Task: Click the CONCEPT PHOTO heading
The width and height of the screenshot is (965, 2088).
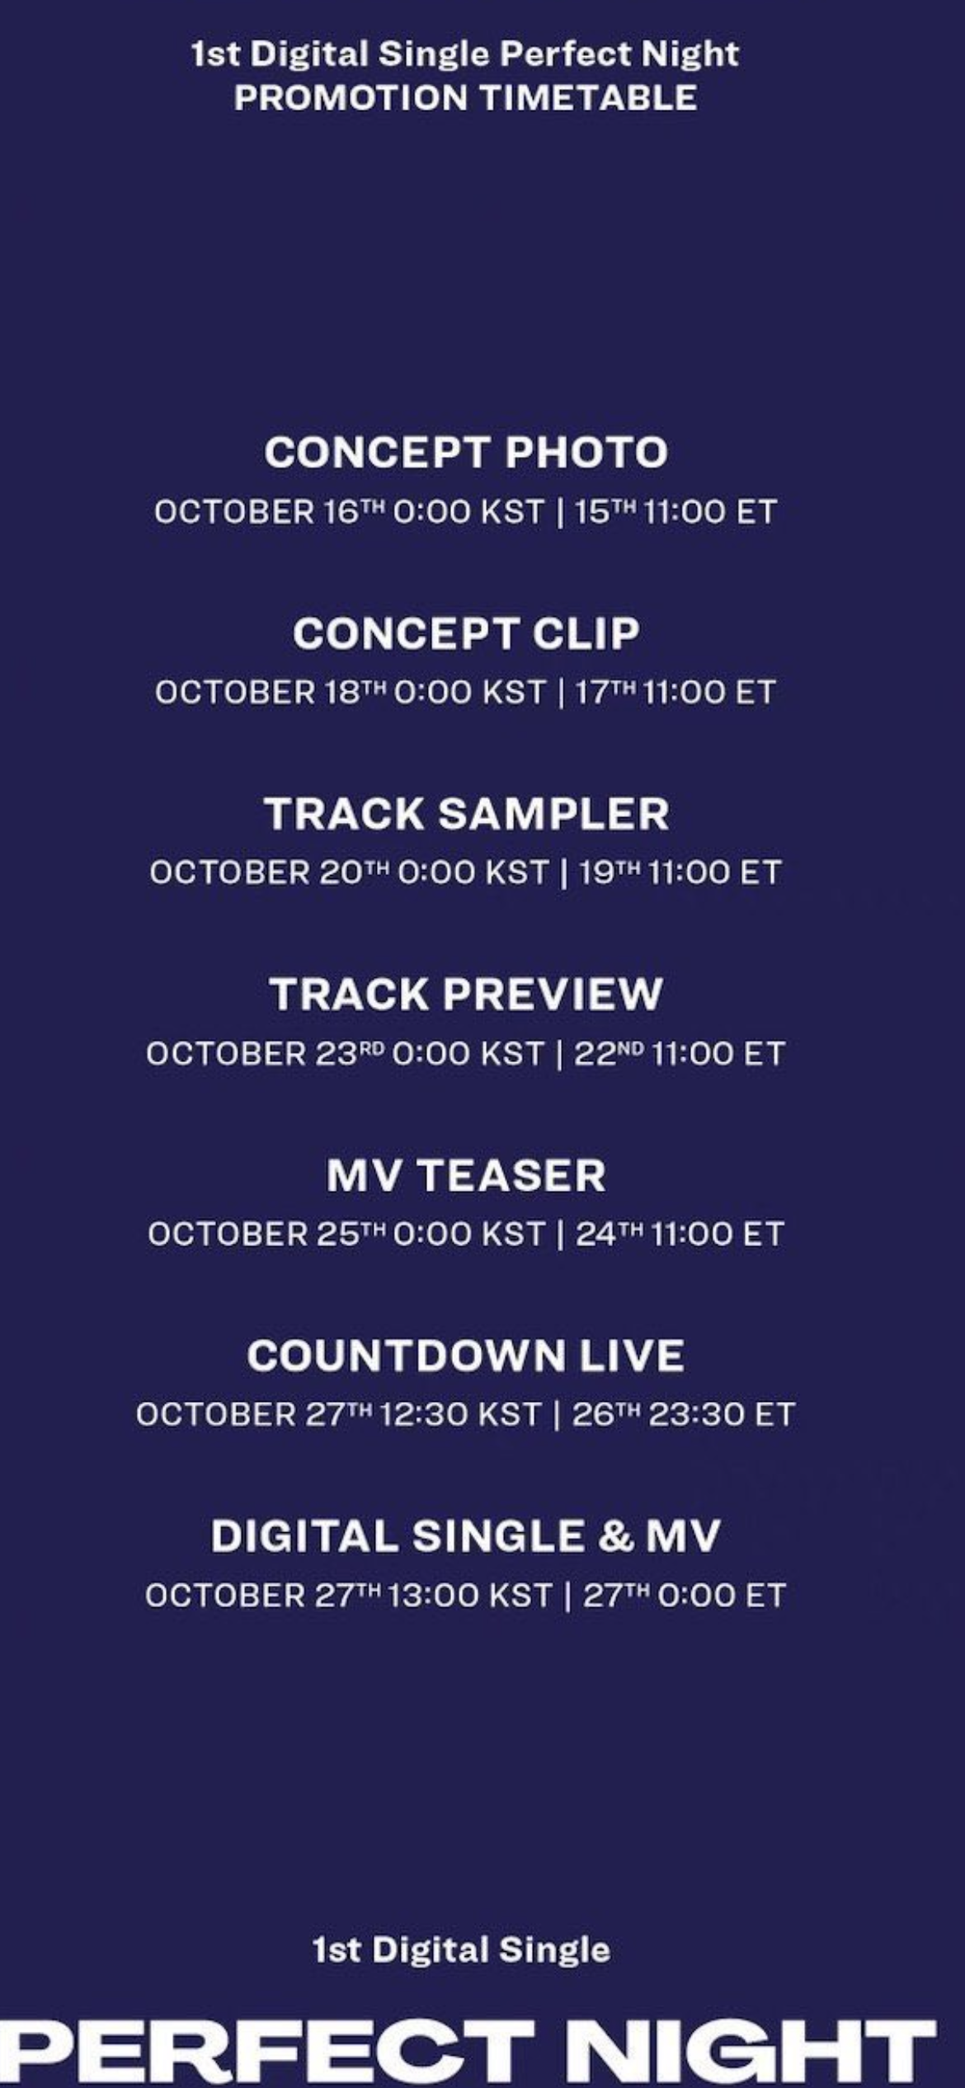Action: (x=466, y=452)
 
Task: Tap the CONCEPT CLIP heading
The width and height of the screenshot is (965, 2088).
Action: (x=466, y=633)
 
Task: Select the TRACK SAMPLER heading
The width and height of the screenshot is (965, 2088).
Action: (x=467, y=814)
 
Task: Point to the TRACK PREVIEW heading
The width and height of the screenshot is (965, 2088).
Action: (x=466, y=994)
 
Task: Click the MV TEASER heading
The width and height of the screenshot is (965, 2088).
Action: (x=466, y=1175)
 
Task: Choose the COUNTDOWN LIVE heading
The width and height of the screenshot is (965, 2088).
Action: (x=466, y=1356)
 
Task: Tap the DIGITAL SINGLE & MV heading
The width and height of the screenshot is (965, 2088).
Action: (x=466, y=1536)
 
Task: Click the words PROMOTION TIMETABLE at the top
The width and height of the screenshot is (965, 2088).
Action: (x=466, y=98)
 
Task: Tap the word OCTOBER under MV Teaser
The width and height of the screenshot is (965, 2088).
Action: (x=228, y=1234)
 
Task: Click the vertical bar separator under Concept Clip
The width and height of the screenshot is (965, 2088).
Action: (x=561, y=692)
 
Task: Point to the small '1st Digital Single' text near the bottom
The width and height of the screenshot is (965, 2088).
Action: (x=462, y=1950)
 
